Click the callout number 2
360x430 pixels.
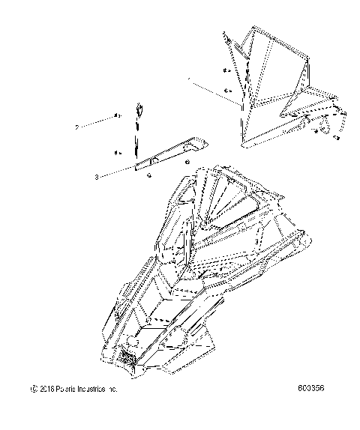coord(98,127)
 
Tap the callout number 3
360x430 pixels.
coord(97,177)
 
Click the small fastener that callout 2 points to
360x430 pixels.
coord(118,116)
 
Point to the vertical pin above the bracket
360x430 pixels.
coord(138,131)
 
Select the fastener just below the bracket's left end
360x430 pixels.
coord(148,175)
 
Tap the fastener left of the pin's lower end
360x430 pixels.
coord(118,152)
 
